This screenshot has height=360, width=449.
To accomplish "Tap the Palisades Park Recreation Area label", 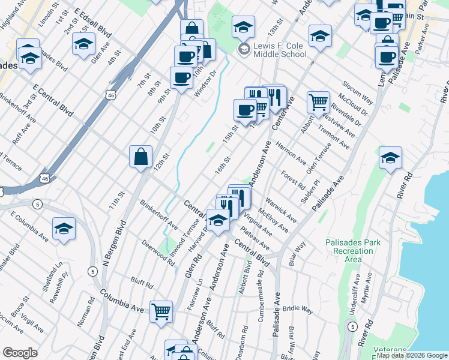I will (x=353, y=251).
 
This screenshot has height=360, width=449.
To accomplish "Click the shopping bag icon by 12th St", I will (x=140, y=157).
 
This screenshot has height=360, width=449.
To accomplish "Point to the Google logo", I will (x=20, y=353).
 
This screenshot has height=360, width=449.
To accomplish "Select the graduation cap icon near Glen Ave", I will (x=83, y=44).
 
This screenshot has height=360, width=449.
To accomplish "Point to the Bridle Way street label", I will (x=298, y=310).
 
